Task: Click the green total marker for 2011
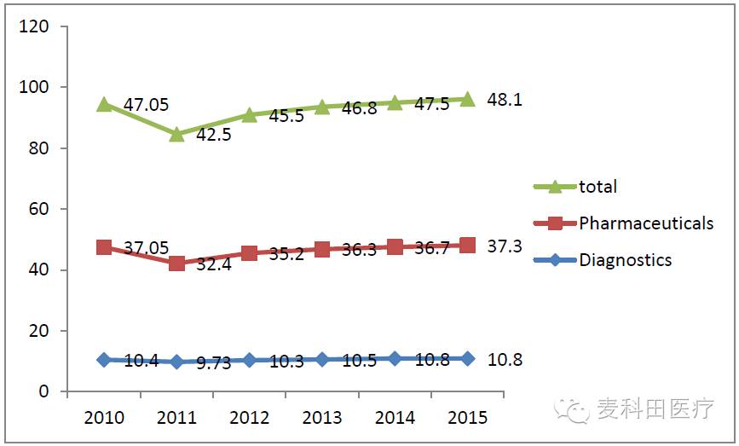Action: [x=176, y=133]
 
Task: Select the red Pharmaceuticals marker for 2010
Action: [x=104, y=247]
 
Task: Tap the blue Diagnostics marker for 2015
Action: [x=467, y=358]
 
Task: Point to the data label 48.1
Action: [x=505, y=100]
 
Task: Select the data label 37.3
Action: [x=505, y=246]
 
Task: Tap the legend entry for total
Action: [x=598, y=187]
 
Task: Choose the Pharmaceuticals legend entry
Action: [x=645, y=223]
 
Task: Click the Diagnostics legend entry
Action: [x=625, y=260]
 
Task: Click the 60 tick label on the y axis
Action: [x=39, y=209]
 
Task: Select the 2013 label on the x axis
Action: [x=321, y=418]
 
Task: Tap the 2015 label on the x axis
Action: [x=466, y=418]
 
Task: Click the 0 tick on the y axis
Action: [x=44, y=391]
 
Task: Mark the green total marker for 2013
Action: [x=322, y=107]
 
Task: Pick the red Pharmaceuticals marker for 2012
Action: [x=249, y=253]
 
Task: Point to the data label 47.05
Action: [x=146, y=105]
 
